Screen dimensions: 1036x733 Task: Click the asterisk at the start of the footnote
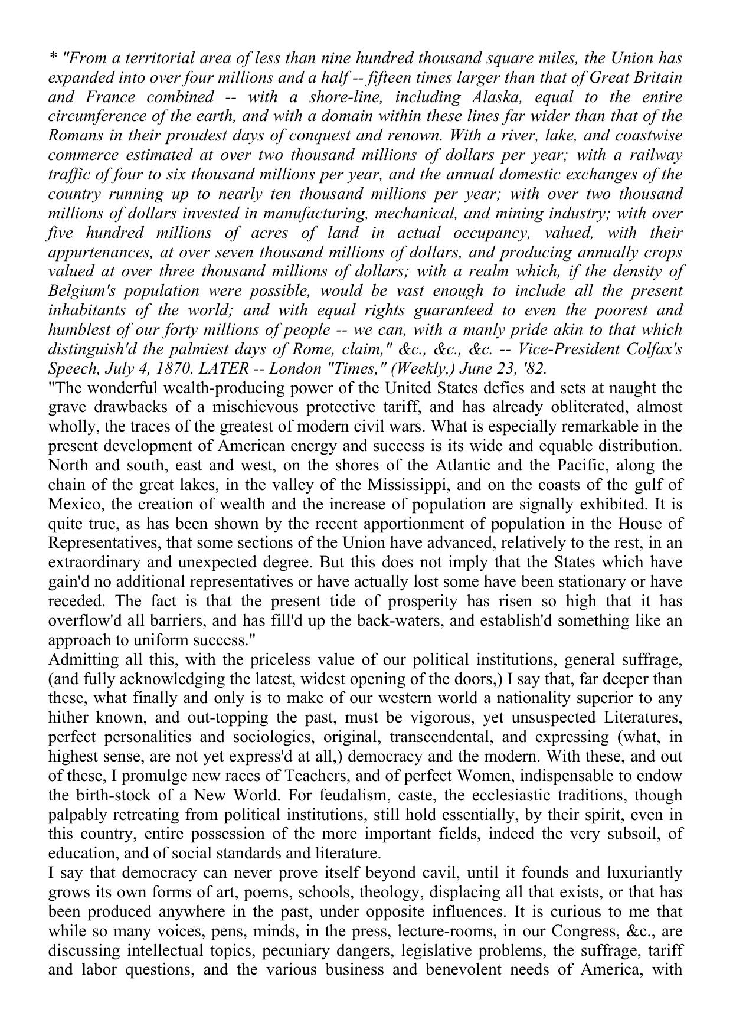[x=53, y=58]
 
